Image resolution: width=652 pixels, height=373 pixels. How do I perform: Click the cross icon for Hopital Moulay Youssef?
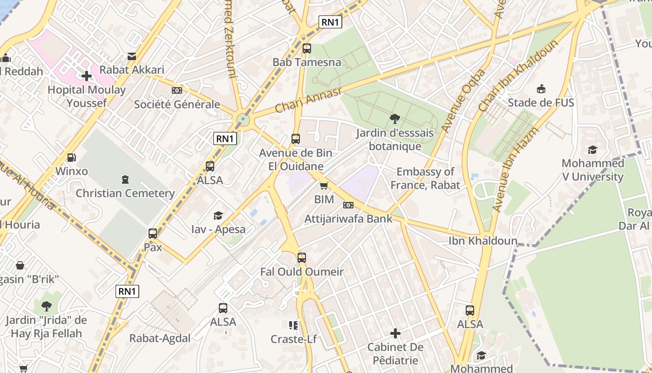coord(87,76)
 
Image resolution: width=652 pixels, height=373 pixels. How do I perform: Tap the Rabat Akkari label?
coord(132,70)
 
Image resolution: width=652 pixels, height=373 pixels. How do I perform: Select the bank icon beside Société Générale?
coord(177,90)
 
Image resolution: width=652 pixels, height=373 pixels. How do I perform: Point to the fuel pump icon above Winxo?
coord(71,158)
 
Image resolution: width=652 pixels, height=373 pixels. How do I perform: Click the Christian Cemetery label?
coord(125,193)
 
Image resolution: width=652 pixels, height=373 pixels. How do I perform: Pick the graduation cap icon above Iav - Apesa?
coord(218,215)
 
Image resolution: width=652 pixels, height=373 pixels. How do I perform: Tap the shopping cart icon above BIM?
coord(324,186)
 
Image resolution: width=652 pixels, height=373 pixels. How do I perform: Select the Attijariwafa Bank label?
coord(348,219)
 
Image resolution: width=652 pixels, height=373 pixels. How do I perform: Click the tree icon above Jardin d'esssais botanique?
coord(395,119)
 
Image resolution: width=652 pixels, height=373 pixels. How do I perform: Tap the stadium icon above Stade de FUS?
coord(541,89)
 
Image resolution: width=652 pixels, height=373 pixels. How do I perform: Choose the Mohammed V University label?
coord(592,170)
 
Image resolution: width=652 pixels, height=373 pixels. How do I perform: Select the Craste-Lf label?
coord(294,339)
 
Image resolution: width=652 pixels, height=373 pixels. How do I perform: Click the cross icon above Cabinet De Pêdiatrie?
coord(395,333)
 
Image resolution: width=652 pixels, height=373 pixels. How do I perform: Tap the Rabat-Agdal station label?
coord(160,338)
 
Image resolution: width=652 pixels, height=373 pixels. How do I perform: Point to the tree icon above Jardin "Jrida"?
coord(46,306)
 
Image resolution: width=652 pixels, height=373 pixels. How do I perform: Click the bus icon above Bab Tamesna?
coord(306,48)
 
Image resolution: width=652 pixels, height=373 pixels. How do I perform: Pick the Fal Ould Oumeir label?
coord(302,272)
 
